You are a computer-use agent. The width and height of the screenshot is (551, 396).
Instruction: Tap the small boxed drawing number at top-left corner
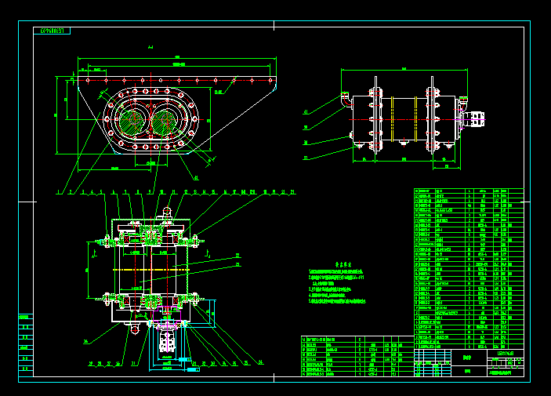click(53, 31)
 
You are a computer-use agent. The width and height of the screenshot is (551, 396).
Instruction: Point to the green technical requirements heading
click(340, 265)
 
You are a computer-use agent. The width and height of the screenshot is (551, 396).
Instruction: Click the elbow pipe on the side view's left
click(344, 100)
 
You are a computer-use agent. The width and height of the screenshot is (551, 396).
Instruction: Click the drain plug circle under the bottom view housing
click(135, 329)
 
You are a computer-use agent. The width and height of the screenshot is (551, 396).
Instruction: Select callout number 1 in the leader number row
click(60, 191)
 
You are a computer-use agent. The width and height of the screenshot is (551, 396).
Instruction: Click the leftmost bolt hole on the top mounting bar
click(87, 80)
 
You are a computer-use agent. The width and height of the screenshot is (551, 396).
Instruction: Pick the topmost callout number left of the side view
click(305, 111)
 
